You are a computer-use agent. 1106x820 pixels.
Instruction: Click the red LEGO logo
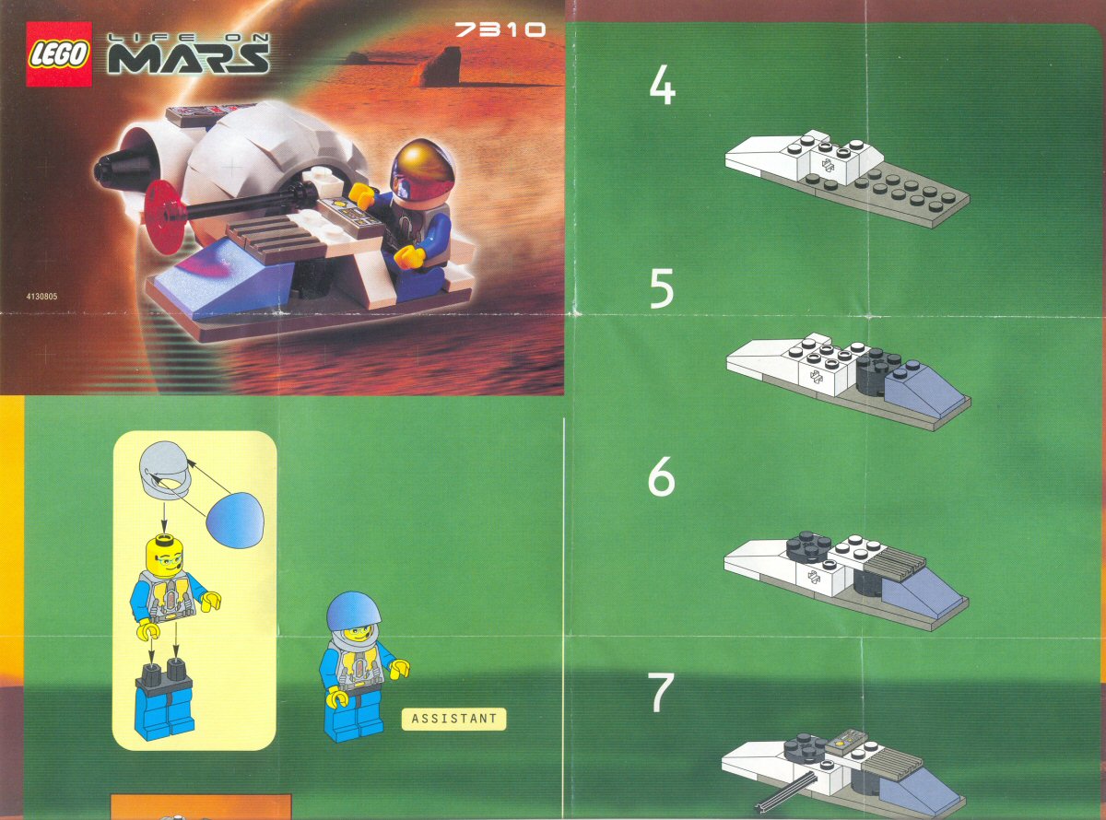point(59,54)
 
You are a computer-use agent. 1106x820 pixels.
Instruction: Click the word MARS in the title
point(189,58)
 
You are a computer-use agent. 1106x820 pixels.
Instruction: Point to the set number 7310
point(500,30)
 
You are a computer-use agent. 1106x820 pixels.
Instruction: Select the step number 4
point(662,88)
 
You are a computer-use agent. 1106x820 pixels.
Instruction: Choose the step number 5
point(662,290)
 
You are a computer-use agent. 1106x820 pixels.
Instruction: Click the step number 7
point(661,694)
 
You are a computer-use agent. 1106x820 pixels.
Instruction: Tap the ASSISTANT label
point(453,719)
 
